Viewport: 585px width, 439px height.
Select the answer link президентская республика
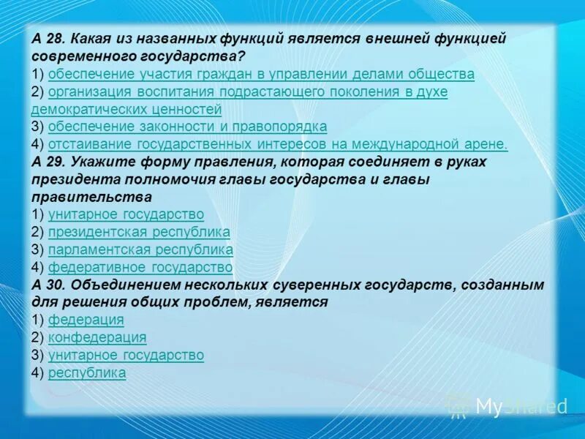pyautogui.click(x=139, y=232)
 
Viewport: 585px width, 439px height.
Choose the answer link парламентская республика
pyautogui.click(x=140, y=249)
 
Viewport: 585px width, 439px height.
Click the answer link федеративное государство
pyautogui.click(x=140, y=267)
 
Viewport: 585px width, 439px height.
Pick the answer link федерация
pyautogui.click(x=86, y=320)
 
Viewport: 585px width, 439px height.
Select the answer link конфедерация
pyautogui.click(x=97, y=337)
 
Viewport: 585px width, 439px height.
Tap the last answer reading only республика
pyautogui.click(x=87, y=372)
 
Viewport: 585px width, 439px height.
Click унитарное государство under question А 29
pyautogui.click(x=126, y=214)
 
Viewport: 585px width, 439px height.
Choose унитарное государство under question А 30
pyautogui.click(x=126, y=355)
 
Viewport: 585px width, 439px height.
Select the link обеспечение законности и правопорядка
pyautogui.click(x=187, y=127)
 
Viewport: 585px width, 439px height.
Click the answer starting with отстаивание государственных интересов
pyautogui.click(x=278, y=144)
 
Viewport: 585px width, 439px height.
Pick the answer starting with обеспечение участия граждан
pyautogui.click(x=261, y=74)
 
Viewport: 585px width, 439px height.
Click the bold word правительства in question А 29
pyautogui.click(x=91, y=197)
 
